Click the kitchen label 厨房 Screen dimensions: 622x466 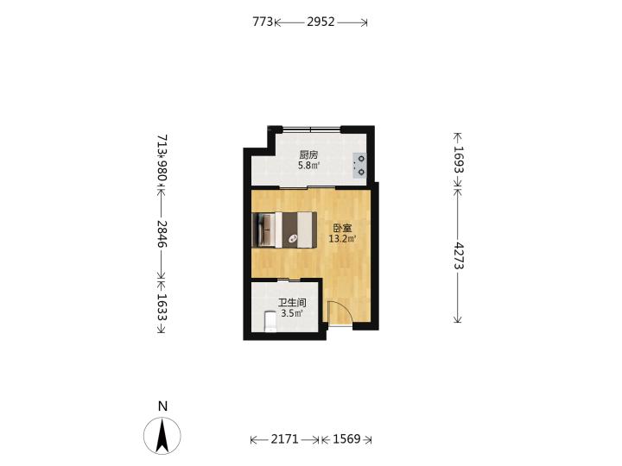click(308, 155)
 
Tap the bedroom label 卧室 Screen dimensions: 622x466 click(342, 229)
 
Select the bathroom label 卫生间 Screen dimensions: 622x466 click(292, 303)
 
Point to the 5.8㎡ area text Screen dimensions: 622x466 click(309, 165)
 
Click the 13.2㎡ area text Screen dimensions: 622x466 click(342, 239)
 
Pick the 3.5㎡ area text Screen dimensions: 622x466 click(292, 313)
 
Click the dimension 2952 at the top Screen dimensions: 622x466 click(321, 22)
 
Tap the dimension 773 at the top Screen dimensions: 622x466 click(263, 22)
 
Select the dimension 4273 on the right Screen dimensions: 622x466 click(459, 255)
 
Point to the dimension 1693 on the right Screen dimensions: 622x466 click(459, 160)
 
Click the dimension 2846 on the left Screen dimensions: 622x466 click(162, 234)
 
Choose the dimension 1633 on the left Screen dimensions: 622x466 click(162, 306)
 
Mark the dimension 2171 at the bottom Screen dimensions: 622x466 click(284, 439)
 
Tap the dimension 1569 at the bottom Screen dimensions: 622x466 click(346, 439)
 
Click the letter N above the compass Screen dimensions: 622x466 click(162, 406)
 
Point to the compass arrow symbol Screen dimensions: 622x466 click(162, 436)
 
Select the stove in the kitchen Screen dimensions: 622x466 click(360, 166)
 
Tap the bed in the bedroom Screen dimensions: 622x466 click(284, 230)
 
